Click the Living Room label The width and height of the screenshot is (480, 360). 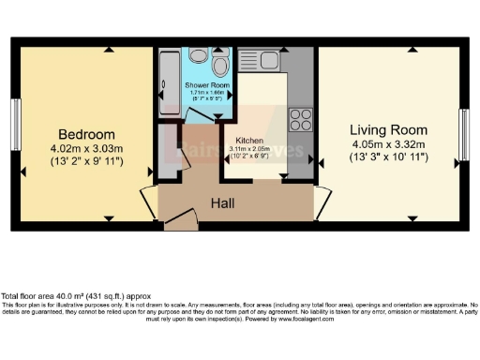(389, 129)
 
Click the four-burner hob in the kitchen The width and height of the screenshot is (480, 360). (301, 119)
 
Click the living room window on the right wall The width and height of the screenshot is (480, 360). (463, 134)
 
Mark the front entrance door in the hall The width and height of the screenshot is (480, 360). (187, 218)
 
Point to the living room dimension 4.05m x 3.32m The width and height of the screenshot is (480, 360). (389, 144)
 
